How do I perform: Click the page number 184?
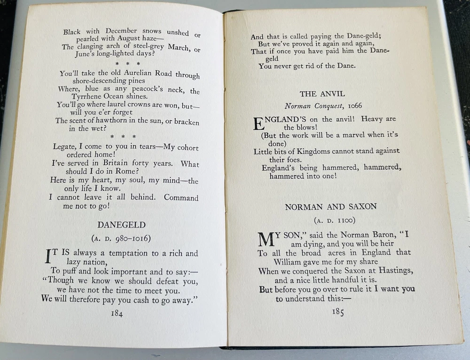point(117,314)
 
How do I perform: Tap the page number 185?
point(338,312)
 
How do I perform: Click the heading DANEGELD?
point(121,225)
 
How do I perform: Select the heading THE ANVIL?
point(322,94)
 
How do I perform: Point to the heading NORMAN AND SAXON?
point(330,207)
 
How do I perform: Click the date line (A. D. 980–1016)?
point(122,238)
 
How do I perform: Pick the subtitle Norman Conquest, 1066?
point(323,106)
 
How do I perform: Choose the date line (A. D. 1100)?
point(331,220)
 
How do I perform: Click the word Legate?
point(64,147)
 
